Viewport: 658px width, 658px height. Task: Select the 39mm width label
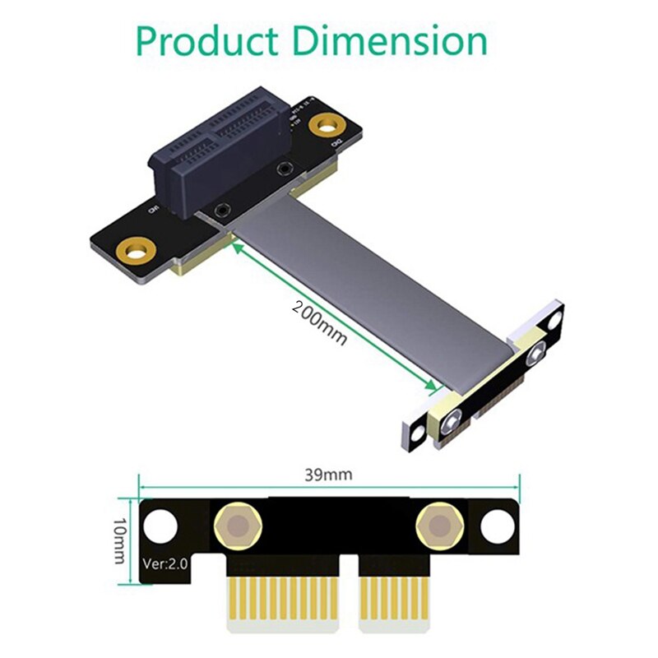tap(327, 475)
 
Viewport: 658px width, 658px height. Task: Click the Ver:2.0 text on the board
tap(167, 564)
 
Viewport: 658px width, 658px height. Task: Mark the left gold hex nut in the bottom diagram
tap(235, 524)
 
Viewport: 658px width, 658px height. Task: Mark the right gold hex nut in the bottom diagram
tap(436, 524)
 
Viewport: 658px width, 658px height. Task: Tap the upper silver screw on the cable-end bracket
tap(538, 354)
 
